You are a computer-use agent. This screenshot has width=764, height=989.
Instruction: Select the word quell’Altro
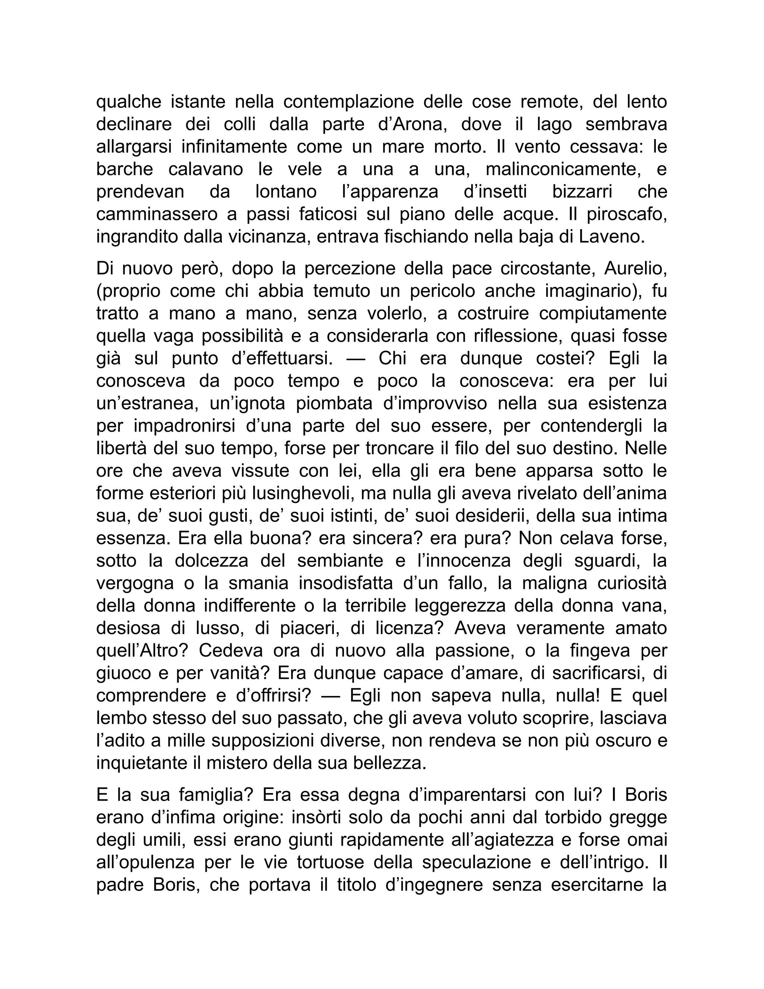[142, 651]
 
